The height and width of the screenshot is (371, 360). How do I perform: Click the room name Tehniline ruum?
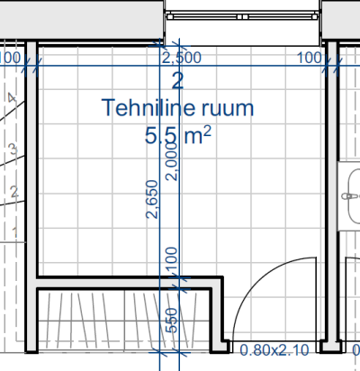(x=177, y=108)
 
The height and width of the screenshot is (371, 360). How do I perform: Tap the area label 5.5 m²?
(x=178, y=135)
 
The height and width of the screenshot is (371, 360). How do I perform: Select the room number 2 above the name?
(x=177, y=81)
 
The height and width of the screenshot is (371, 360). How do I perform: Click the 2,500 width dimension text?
(x=182, y=58)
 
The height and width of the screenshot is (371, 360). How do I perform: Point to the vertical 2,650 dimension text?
(x=152, y=199)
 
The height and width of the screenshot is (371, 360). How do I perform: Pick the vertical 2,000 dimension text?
(x=172, y=161)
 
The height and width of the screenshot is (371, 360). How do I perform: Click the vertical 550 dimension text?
(x=172, y=321)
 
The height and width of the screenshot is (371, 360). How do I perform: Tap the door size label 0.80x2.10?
(x=274, y=350)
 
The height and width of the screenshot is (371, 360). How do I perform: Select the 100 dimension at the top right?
(x=310, y=58)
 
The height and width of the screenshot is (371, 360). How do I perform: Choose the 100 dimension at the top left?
(x=10, y=58)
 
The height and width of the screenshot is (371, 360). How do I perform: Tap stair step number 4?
(x=12, y=98)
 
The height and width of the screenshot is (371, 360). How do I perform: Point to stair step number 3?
(x=13, y=149)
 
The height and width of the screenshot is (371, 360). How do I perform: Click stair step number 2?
(x=14, y=192)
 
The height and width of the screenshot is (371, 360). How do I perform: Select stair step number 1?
(x=14, y=232)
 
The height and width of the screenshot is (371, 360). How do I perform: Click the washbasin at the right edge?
(x=354, y=196)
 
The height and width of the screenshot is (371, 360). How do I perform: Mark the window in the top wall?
(x=242, y=16)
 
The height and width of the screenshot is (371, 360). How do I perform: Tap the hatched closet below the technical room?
(x=124, y=321)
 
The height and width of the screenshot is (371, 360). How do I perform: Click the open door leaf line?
(x=316, y=299)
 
